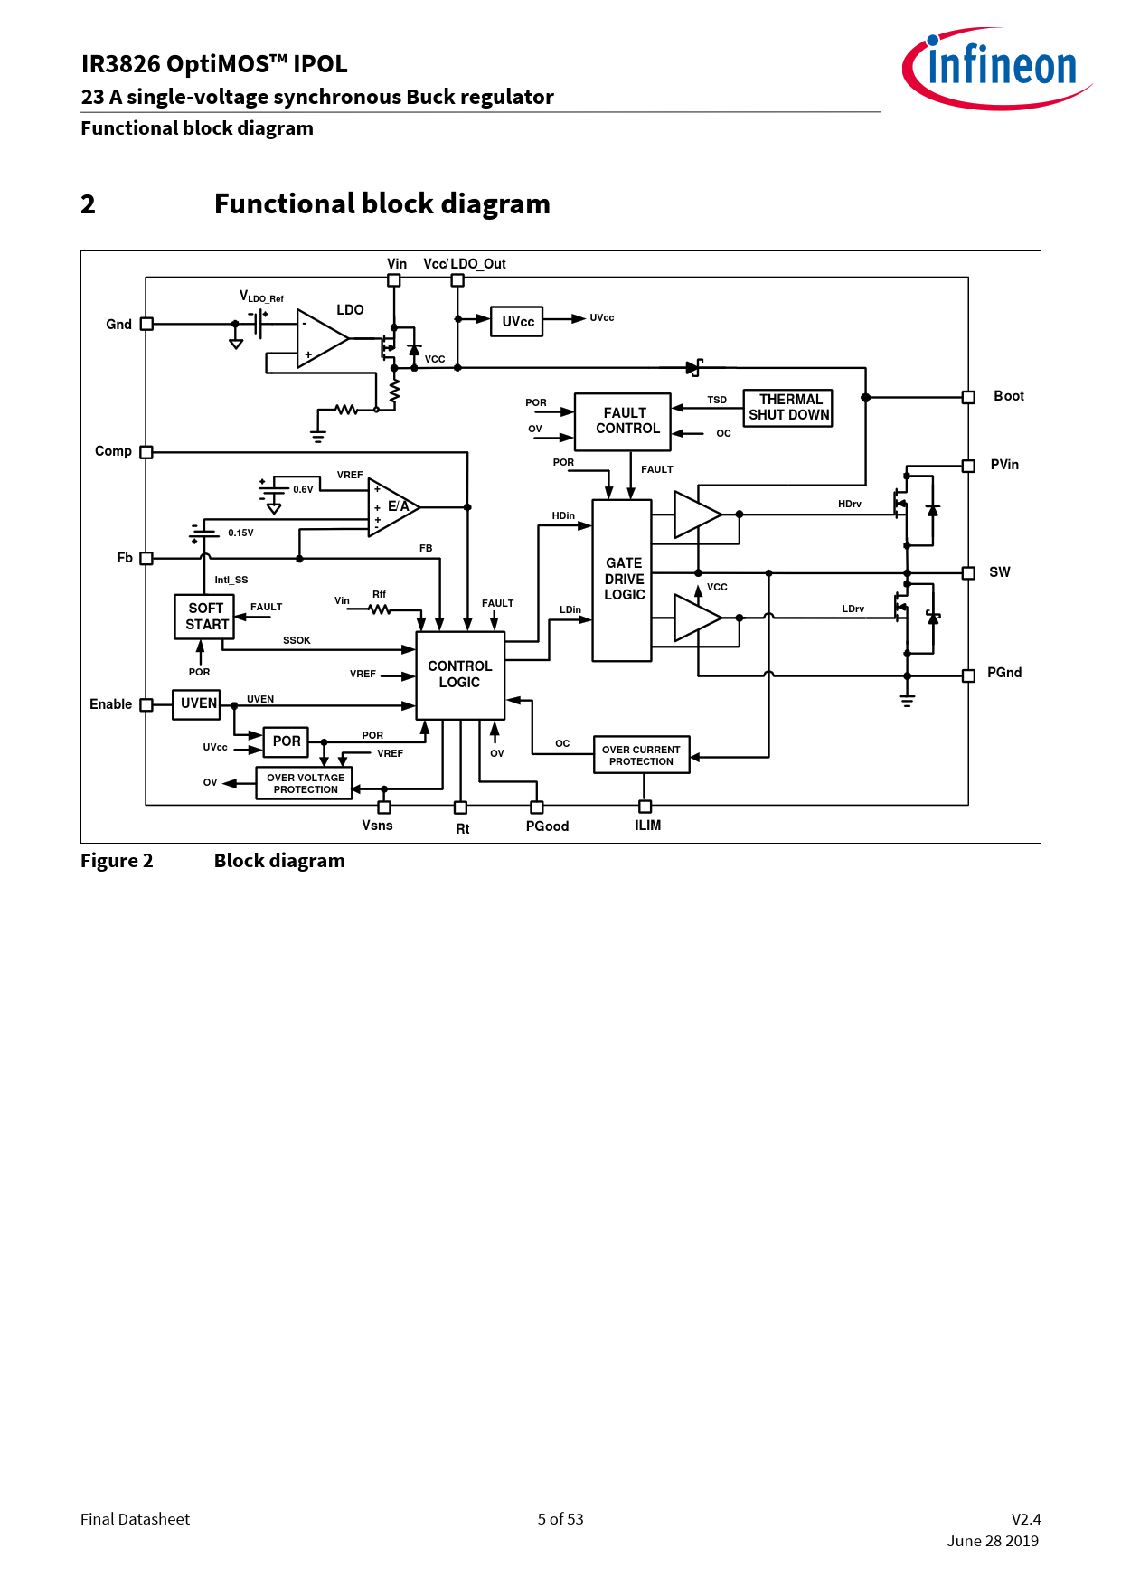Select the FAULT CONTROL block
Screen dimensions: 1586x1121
(623, 421)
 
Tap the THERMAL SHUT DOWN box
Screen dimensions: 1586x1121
(787, 408)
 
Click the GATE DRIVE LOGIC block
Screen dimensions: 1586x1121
(622, 580)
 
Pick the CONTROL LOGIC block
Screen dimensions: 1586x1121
(460, 675)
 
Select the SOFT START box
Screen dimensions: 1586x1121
(204, 617)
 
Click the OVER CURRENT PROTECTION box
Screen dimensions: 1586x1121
(641, 755)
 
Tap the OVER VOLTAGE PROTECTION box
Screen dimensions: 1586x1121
(305, 783)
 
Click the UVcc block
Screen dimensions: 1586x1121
(516, 321)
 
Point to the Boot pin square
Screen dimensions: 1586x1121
(968, 397)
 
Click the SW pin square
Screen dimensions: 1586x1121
(968, 572)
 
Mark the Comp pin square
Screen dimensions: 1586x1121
(146, 452)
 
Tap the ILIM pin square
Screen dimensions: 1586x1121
(645, 807)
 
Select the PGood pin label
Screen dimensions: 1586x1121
(547, 826)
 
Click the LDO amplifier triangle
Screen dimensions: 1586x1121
(320, 339)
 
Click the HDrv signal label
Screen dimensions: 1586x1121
(849, 504)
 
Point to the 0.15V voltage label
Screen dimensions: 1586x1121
(240, 533)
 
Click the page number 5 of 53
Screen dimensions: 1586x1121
(560, 1519)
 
